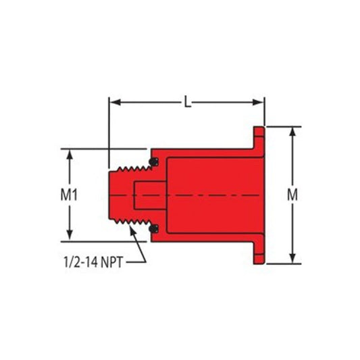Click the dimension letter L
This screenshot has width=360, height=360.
tap(187, 103)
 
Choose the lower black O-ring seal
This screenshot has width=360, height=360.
tap(155, 228)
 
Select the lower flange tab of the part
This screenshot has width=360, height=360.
tap(259, 252)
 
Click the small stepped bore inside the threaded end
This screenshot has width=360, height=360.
tap(147, 195)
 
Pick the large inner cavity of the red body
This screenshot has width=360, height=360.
tap(209, 195)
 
